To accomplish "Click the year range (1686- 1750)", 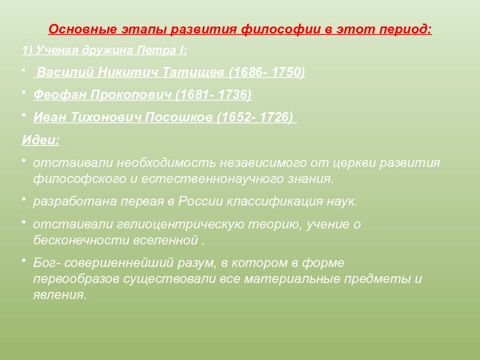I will pos(267,72).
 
